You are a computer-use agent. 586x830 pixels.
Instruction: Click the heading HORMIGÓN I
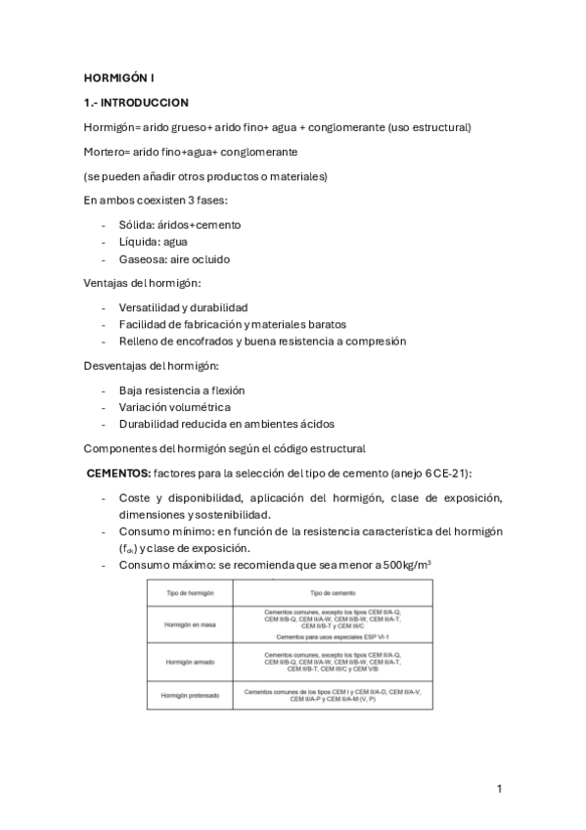coord(118,75)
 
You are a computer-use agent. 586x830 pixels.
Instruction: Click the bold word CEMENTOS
coord(118,472)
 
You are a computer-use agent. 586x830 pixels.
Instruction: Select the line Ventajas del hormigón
coord(142,284)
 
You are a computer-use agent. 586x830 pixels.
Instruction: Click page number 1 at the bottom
coord(499,788)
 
